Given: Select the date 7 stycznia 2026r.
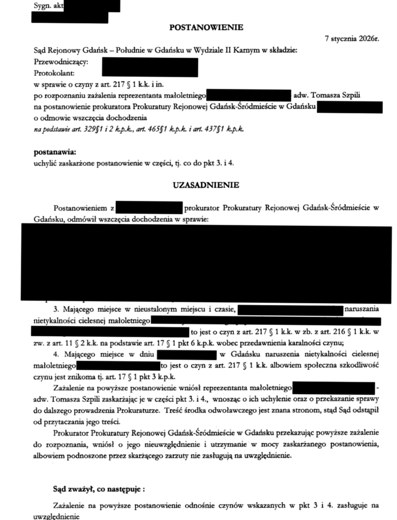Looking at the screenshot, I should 353,39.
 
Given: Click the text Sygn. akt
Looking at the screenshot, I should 49,6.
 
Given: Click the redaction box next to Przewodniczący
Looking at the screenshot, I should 149,67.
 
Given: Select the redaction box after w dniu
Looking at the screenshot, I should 188,354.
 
